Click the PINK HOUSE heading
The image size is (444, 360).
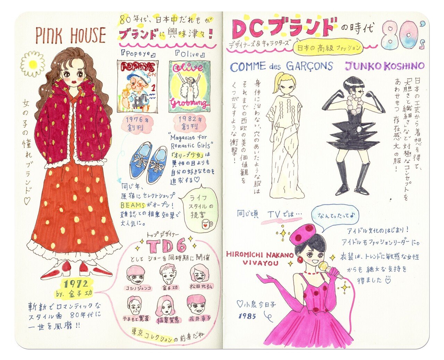(x=70, y=36)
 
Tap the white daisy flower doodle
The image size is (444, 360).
(x=32, y=64)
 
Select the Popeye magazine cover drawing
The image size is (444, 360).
(x=137, y=86)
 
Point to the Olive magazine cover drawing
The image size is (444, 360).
(x=189, y=86)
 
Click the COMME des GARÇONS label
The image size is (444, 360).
(x=281, y=66)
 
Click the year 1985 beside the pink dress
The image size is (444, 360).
(x=247, y=316)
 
